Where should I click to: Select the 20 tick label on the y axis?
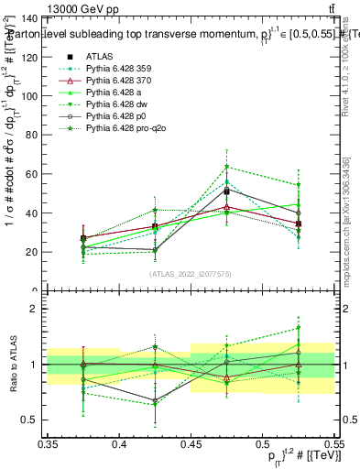point(33,252)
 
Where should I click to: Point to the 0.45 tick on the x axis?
point(191,444)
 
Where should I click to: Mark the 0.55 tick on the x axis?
point(333,444)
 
